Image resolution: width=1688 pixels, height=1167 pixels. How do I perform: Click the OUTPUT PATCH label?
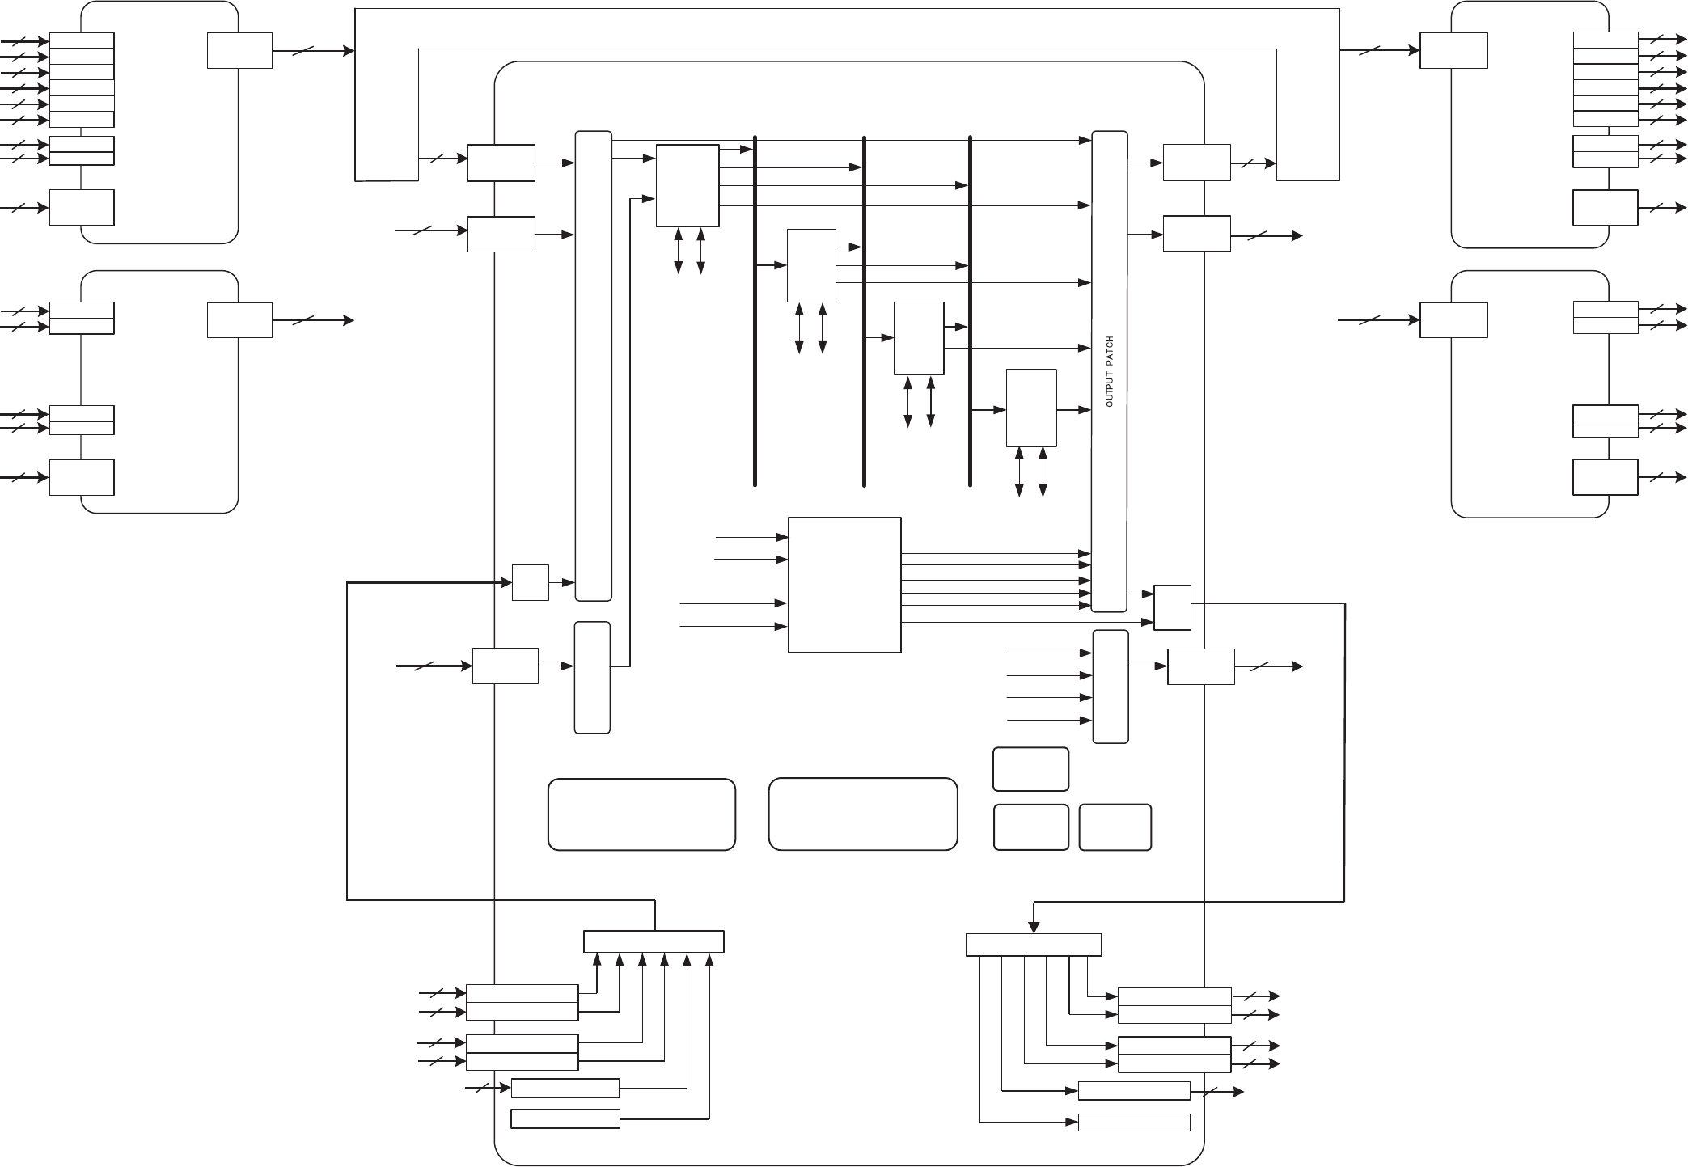pos(1109,371)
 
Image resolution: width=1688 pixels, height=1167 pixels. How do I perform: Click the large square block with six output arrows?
pos(844,585)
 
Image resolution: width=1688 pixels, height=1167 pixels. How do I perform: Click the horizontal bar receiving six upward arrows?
pos(654,941)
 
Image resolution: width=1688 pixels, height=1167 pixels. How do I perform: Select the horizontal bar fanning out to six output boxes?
pos(1034,945)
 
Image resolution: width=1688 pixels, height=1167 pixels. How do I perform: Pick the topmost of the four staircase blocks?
pos(687,186)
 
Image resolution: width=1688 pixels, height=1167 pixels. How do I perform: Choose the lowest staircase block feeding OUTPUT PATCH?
pos(1031,408)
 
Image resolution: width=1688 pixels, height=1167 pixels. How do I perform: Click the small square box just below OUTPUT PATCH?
pos(1172,607)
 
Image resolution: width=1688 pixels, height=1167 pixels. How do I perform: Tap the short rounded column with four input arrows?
pos(1111,686)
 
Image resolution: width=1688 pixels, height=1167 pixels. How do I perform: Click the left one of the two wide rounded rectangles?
pos(641,814)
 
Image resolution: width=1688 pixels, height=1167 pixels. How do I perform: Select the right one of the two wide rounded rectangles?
pos(863,814)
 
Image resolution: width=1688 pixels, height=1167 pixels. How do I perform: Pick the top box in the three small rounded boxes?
pos(1030,768)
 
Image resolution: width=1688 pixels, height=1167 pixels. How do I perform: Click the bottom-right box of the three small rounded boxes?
pos(1115,827)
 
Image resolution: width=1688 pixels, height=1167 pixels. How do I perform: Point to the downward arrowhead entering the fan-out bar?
pos(1034,928)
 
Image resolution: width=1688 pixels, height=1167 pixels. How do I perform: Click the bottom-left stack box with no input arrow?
pos(565,1119)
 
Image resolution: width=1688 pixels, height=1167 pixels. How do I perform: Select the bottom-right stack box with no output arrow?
pos(1134,1123)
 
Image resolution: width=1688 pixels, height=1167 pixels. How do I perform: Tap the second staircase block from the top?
pos(811,265)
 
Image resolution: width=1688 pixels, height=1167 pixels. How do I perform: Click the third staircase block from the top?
pos(919,338)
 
